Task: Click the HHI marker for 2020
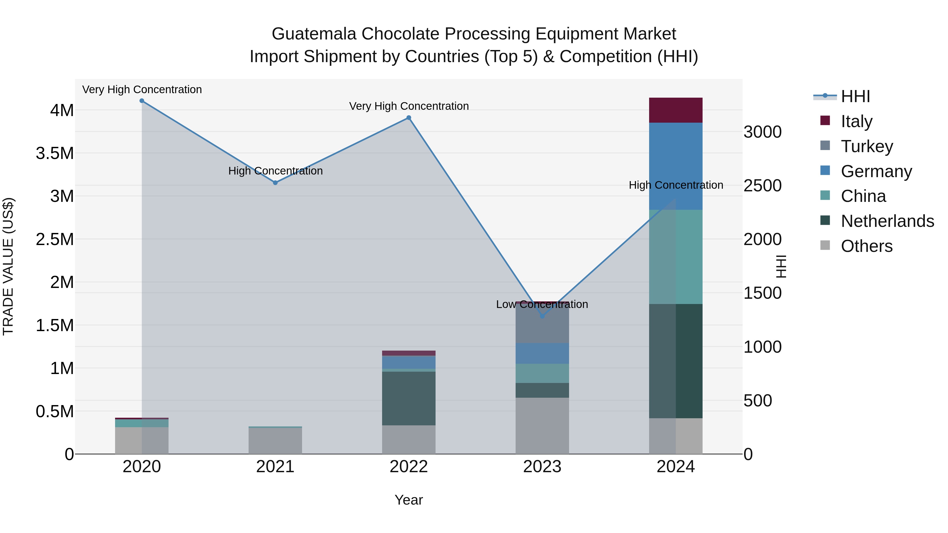pos(142,101)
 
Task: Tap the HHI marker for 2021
pos(275,183)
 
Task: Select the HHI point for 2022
pos(408,118)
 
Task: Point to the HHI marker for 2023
pos(542,316)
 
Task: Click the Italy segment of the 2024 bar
pos(676,110)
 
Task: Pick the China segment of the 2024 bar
pos(676,257)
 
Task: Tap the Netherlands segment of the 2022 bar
pos(408,398)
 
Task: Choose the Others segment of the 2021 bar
pos(275,441)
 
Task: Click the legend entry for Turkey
pos(867,146)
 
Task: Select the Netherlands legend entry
pos(887,221)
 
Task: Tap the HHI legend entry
pos(855,96)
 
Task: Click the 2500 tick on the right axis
pos(762,185)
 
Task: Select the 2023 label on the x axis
pos(542,467)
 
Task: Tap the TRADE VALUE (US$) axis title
pos(8,266)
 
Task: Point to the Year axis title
pos(408,500)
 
